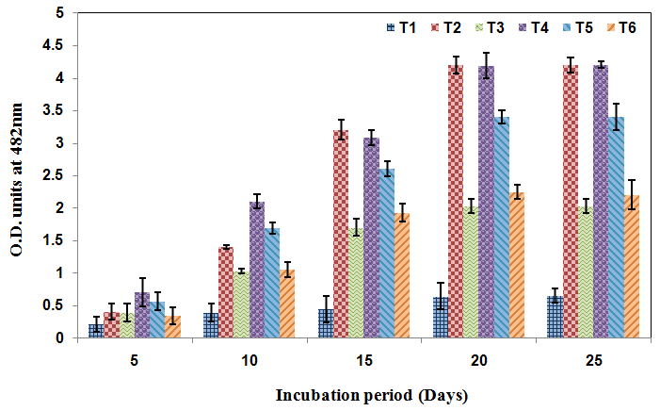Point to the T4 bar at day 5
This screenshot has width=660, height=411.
[141, 315]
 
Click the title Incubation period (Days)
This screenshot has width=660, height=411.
[372, 394]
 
